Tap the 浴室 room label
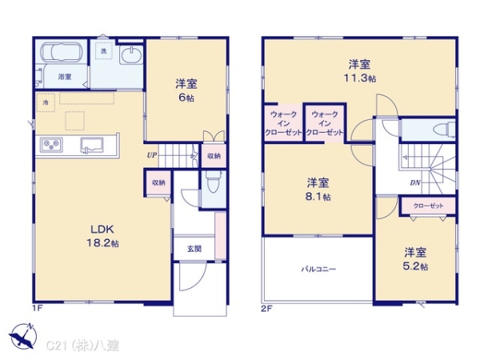[64, 77]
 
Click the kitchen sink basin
[93, 144]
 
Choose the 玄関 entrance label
[194, 249]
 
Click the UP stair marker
[151, 155]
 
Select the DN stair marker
[416, 182]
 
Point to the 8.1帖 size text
[318, 197]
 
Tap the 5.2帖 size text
[414, 266]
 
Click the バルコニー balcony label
[318, 270]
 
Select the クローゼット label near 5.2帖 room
[428, 206]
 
